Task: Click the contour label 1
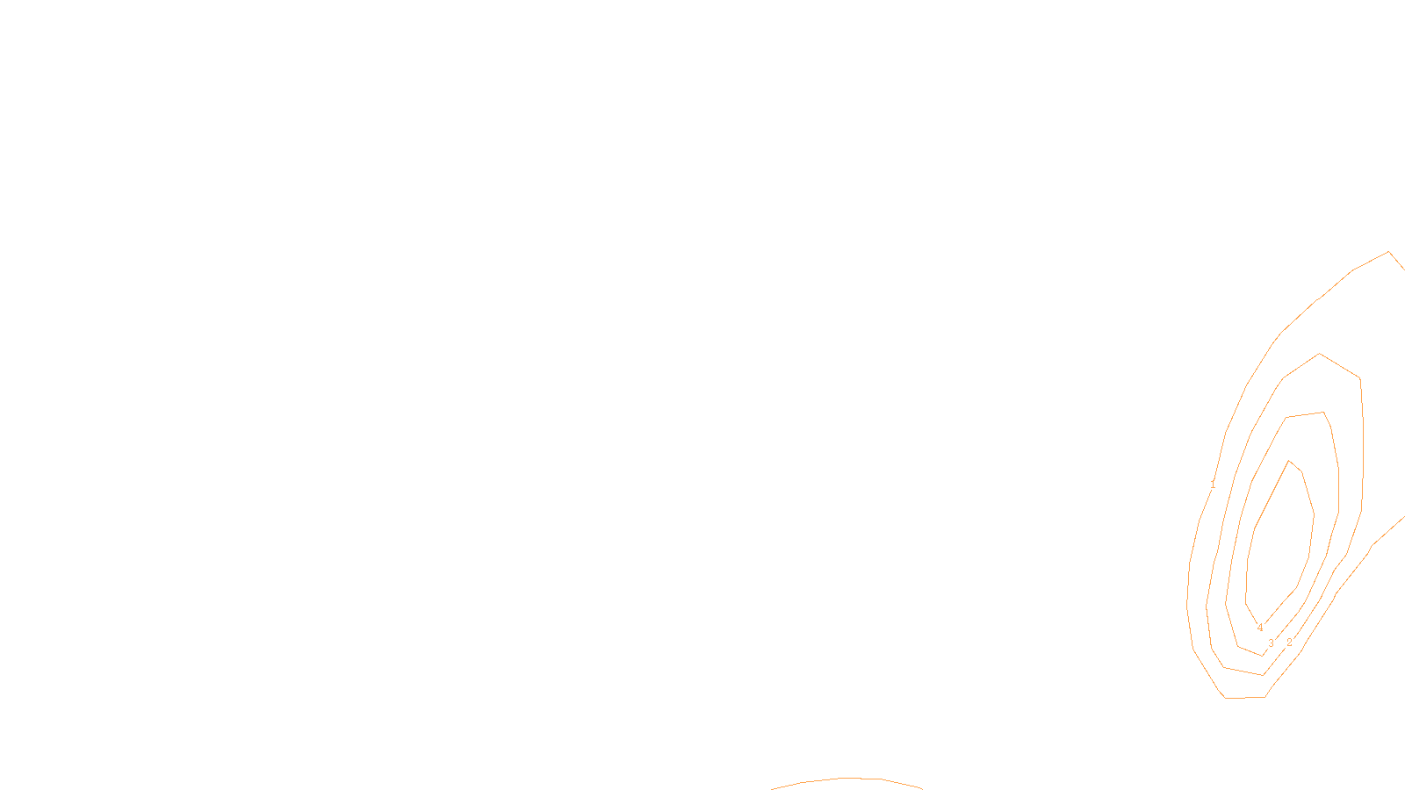pyautogui.click(x=1213, y=485)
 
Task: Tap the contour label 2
pyautogui.click(x=1289, y=643)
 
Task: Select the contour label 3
pyautogui.click(x=1271, y=643)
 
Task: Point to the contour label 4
pyautogui.click(x=1260, y=628)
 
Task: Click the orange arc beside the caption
pyautogui.click(x=847, y=779)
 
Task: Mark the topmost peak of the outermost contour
pyautogui.click(x=1388, y=252)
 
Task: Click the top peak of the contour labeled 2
pyautogui.click(x=1319, y=354)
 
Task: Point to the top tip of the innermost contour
pyautogui.click(x=1289, y=461)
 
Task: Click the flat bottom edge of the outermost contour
pyautogui.click(x=1244, y=698)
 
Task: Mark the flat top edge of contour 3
pyautogui.click(x=1305, y=414)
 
